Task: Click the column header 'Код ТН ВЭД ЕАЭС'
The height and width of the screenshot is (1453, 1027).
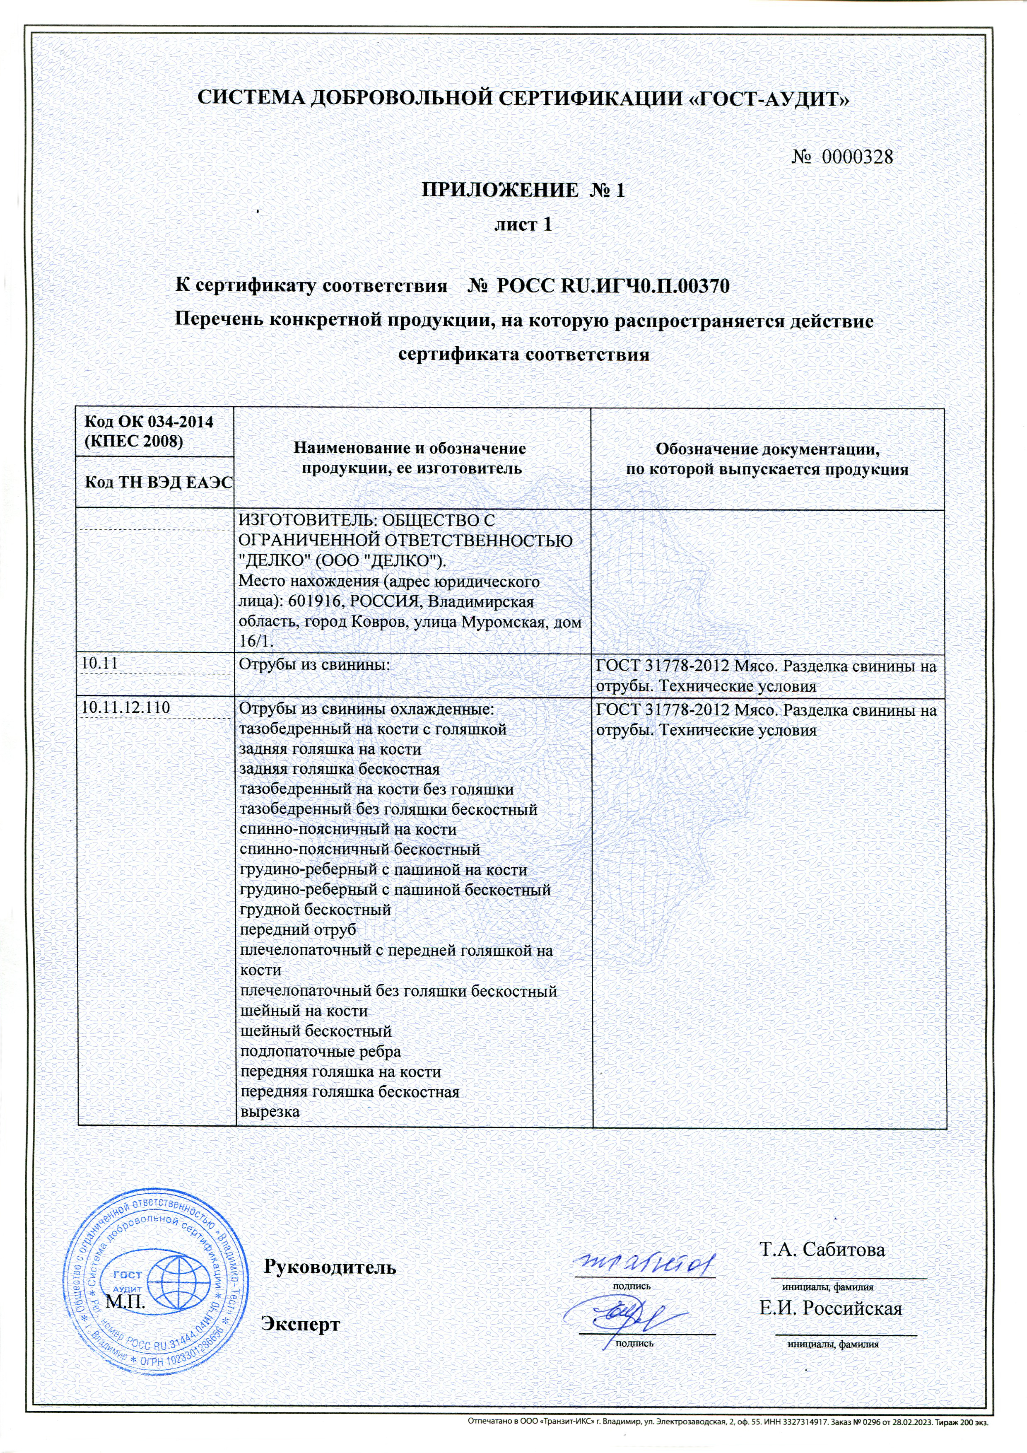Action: (158, 483)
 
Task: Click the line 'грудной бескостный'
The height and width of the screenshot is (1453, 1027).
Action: (315, 910)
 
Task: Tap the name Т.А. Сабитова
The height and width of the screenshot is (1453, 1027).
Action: (822, 1250)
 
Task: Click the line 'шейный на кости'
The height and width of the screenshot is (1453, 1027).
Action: (304, 1011)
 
